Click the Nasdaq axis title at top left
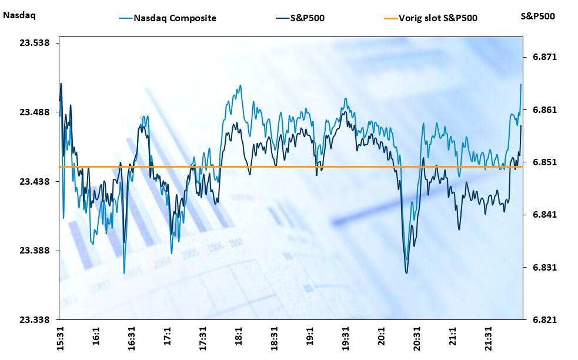click(19, 16)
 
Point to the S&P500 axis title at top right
click(537, 16)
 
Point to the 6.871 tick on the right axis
click(544, 57)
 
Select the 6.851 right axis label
click(544, 162)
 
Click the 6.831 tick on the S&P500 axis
click(544, 268)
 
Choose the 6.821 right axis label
click(544, 320)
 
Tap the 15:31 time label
click(60, 339)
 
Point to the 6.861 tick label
click(544, 110)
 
